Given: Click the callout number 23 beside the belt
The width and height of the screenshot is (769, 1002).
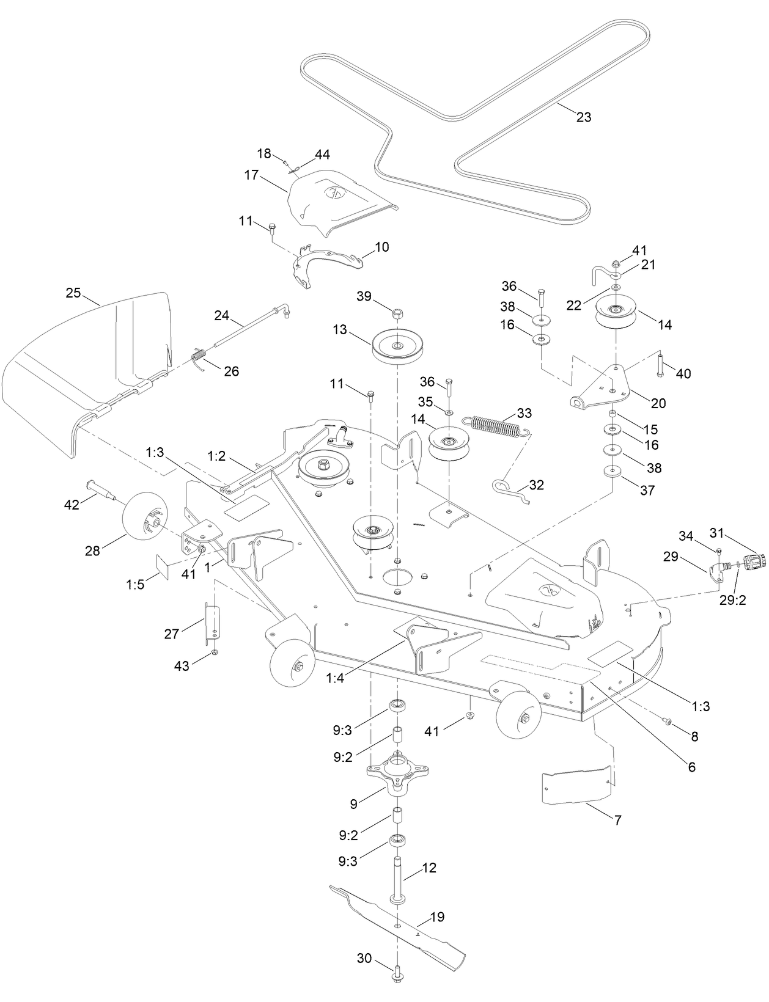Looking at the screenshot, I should pos(584,117).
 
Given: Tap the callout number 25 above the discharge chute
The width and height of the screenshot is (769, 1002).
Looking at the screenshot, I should pos(73,293).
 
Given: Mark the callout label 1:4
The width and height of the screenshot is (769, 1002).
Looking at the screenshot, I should pos(335,678).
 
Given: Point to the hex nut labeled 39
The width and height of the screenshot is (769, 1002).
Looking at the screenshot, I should pos(397,315).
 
